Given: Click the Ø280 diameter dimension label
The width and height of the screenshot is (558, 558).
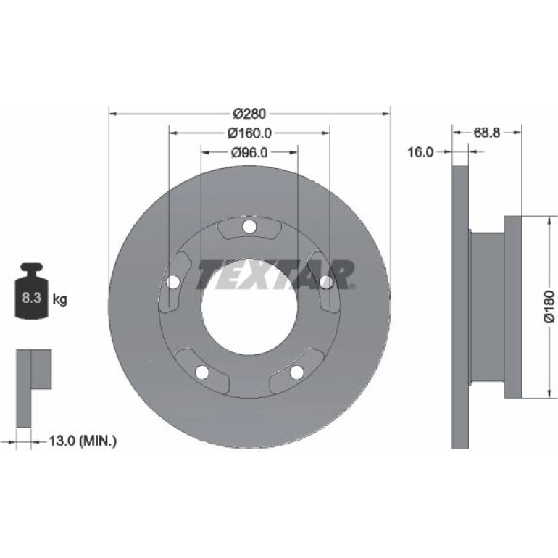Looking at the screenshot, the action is [249, 114].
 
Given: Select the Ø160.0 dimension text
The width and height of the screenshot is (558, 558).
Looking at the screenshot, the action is [249, 133].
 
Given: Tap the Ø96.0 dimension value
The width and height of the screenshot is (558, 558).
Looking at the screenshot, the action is [249, 153].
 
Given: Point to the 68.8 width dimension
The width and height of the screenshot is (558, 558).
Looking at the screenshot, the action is [486, 133].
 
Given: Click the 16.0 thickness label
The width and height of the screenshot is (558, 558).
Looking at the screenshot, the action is [420, 152].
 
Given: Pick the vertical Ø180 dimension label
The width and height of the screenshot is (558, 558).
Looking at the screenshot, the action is [549, 307].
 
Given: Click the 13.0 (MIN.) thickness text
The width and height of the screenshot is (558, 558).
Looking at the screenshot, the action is [83, 441].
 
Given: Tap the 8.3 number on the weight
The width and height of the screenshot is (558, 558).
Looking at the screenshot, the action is [32, 298].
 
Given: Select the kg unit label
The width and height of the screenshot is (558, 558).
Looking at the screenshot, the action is [59, 299].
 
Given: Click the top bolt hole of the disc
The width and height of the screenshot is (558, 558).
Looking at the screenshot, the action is [249, 227].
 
